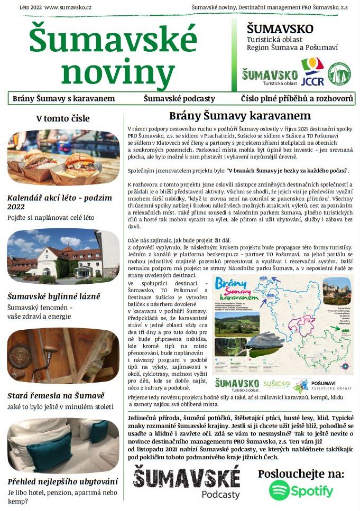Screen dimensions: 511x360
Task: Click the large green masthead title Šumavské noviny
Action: click(113, 55)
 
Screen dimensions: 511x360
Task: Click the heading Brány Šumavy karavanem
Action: click(239, 116)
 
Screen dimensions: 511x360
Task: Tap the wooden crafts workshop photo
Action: click(63, 356)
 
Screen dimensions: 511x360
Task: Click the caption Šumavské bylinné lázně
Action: click(53, 296)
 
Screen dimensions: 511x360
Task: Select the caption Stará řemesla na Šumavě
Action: click(56, 395)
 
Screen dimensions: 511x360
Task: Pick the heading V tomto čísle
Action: click(63, 118)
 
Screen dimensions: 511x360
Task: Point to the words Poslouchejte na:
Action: click(301, 473)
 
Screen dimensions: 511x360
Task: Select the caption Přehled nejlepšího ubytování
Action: click(62, 481)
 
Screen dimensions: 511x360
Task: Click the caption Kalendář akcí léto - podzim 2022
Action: click(59, 202)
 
